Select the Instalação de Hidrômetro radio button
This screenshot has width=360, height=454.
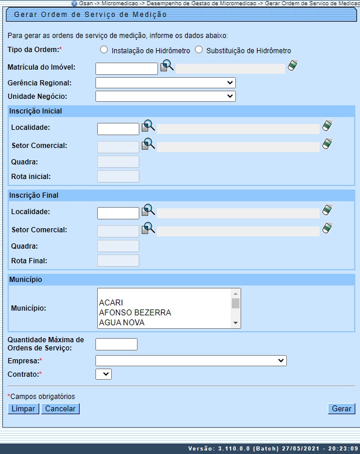(x=104, y=50)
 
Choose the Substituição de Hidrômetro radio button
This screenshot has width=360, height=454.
(x=198, y=50)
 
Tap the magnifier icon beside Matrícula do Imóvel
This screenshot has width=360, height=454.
(x=167, y=66)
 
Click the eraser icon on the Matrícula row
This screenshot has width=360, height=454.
(x=293, y=66)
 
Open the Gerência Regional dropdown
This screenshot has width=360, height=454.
(x=165, y=82)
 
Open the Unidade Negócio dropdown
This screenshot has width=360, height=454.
(x=165, y=96)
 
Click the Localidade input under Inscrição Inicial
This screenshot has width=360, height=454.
(x=118, y=129)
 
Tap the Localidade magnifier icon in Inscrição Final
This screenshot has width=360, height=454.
(x=148, y=210)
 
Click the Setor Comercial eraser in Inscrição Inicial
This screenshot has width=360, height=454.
(x=327, y=143)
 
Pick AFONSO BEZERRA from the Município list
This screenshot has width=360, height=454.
(x=135, y=312)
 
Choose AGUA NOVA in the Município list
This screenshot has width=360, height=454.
(x=121, y=322)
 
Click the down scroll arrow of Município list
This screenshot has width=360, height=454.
(x=235, y=322)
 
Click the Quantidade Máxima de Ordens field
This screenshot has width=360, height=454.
(x=116, y=344)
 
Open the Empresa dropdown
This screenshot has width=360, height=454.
(x=191, y=361)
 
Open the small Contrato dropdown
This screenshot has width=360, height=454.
(x=103, y=373)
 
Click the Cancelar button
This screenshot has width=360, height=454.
(x=60, y=409)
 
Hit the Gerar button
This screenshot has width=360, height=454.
(x=341, y=409)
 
